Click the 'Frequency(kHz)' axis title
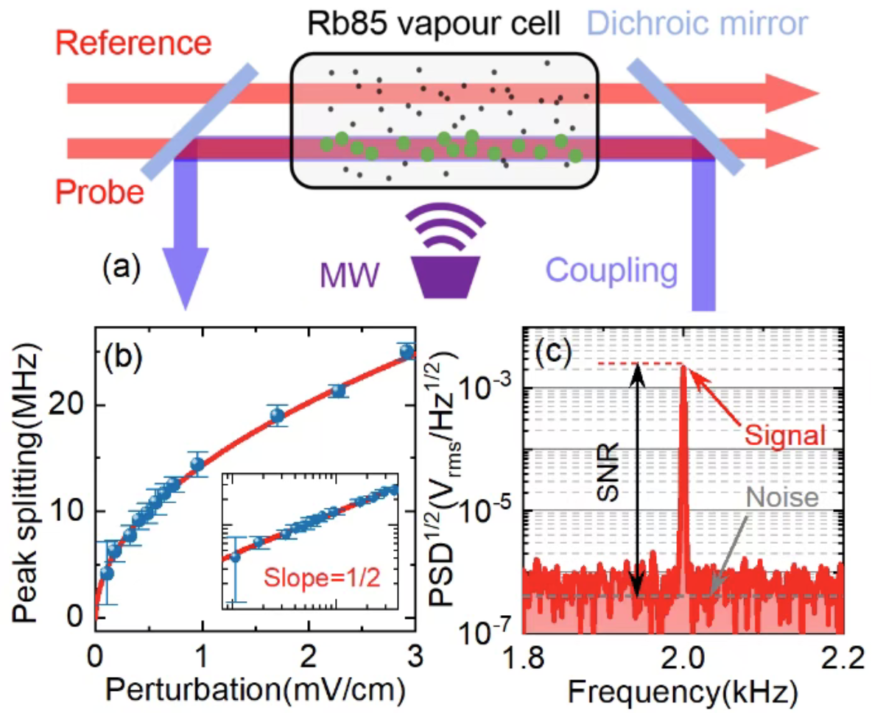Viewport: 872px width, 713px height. [682, 690]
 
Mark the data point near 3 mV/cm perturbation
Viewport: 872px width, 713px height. [407, 351]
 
